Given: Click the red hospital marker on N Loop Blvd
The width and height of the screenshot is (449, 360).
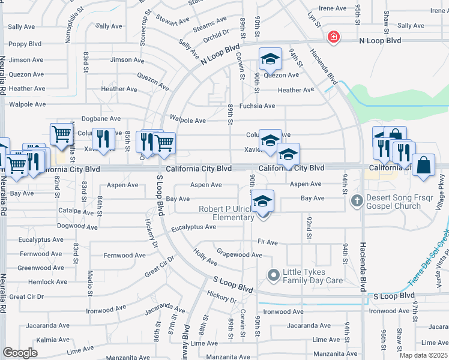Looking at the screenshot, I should coord(333,37).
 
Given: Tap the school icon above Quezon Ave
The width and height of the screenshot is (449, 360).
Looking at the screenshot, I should coord(270,59).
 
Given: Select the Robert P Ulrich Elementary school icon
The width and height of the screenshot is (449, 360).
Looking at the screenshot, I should coord(262,202).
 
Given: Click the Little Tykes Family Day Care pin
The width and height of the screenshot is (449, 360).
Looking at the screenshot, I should coord(274,275).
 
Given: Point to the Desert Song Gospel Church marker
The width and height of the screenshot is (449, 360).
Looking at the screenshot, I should coord(357,200).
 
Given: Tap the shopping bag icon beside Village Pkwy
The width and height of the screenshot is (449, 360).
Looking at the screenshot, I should coord(423,166).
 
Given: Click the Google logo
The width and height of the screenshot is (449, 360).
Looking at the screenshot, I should coord(20,352).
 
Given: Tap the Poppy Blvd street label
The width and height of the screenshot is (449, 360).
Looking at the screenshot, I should coord(25,44).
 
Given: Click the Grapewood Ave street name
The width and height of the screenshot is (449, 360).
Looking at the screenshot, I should coord(239,254).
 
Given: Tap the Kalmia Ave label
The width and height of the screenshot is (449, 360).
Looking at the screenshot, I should coord(36,340).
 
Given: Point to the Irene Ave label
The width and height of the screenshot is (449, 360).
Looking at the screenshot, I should coord(333,8).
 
